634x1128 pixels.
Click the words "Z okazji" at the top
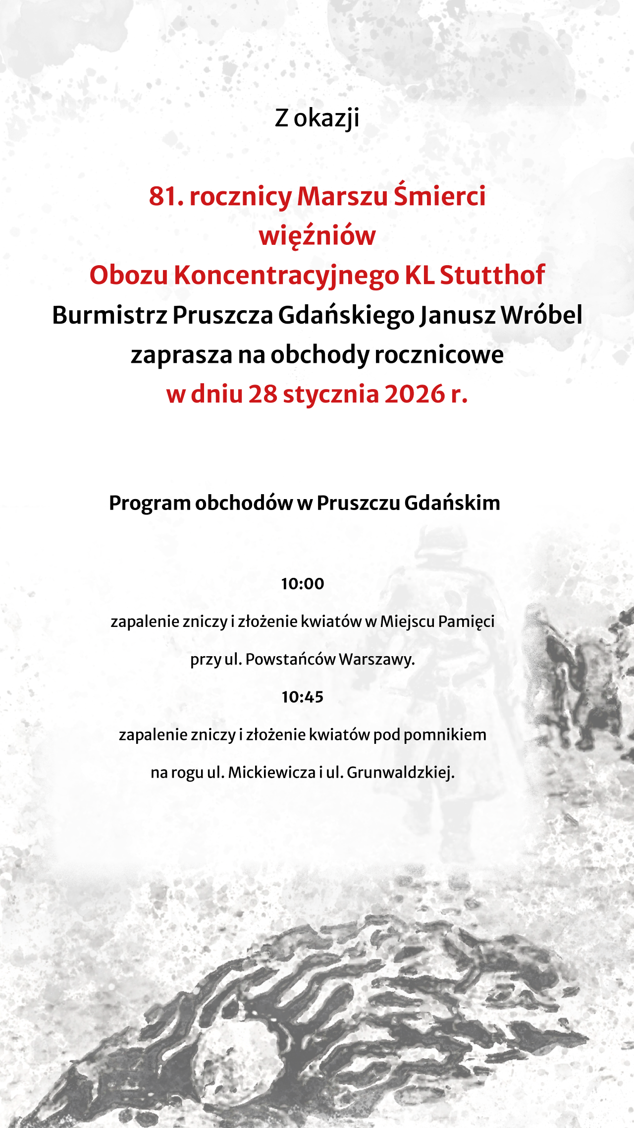point(317,118)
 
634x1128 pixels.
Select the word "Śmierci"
point(439,196)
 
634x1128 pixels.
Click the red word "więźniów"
point(317,236)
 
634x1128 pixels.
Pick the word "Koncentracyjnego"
point(286,276)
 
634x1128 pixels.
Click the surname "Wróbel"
point(541,315)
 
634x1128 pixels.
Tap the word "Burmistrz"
point(109,315)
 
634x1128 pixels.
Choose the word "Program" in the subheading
point(150,504)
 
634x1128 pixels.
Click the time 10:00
point(302,584)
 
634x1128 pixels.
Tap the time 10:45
point(302,697)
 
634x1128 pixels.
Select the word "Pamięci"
point(467,621)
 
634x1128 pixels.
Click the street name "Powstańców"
point(291,660)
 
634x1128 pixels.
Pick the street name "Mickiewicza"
point(271,773)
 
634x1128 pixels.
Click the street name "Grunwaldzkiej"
point(400,773)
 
